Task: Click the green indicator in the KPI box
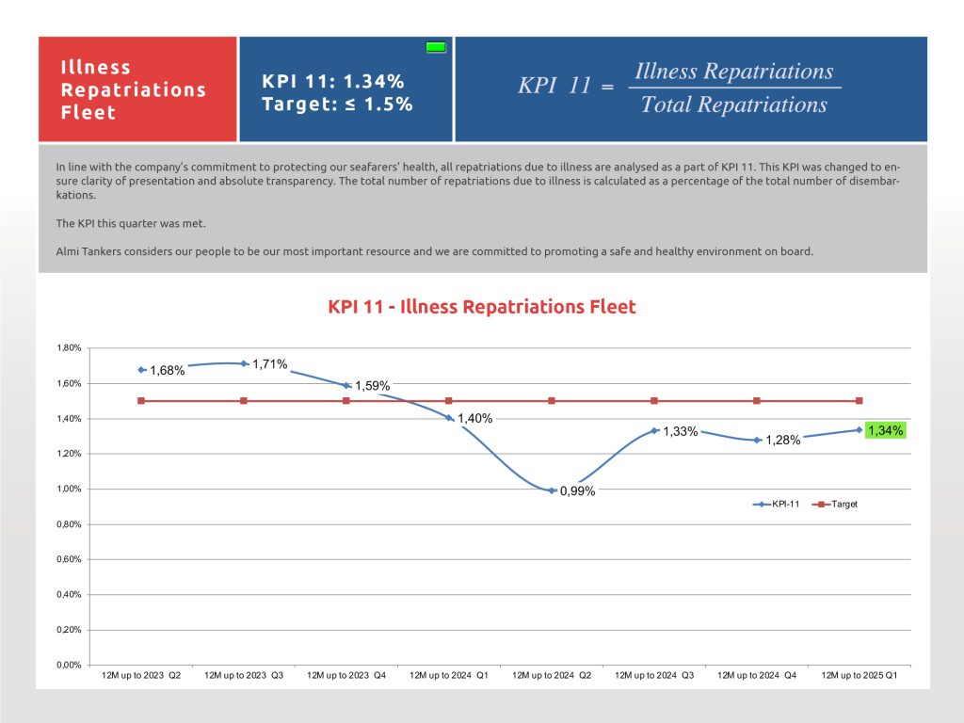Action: (x=436, y=47)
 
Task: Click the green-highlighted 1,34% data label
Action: (x=885, y=430)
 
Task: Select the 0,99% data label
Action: (x=577, y=491)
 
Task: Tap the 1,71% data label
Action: (x=270, y=364)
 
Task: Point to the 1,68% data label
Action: (x=168, y=370)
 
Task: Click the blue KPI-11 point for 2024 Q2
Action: (x=552, y=490)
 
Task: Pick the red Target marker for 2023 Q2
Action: (x=141, y=401)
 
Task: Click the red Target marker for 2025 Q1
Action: (x=860, y=401)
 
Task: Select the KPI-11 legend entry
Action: (x=776, y=505)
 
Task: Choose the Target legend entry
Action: (x=835, y=505)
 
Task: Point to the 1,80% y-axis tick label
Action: (x=69, y=348)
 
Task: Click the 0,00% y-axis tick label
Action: (x=69, y=666)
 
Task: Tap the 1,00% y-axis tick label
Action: (x=69, y=489)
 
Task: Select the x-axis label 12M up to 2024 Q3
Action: (x=654, y=675)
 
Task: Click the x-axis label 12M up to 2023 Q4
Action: (x=346, y=675)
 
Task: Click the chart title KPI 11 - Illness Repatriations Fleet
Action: (x=481, y=307)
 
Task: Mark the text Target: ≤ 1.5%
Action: (x=337, y=104)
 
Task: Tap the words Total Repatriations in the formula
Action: (x=734, y=104)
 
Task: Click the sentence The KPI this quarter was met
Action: (x=131, y=223)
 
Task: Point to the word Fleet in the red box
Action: (x=88, y=113)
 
